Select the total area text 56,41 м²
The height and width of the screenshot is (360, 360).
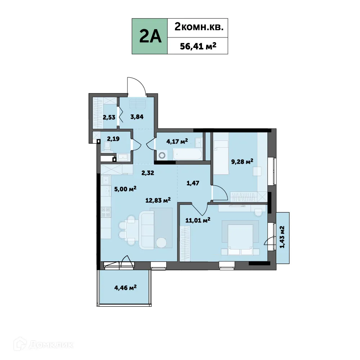point(197,45)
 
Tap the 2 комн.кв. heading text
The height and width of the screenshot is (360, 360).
point(197,27)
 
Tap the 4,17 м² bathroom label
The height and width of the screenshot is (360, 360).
point(176,141)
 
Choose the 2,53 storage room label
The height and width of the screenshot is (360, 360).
point(109,117)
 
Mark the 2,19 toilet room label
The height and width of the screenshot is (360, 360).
point(108,138)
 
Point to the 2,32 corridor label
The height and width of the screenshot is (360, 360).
point(148,173)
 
